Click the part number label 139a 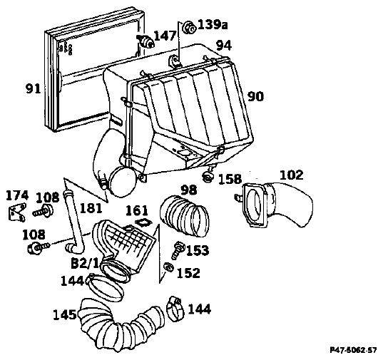(x=213, y=24)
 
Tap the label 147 (x=165, y=36)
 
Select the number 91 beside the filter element (x=34, y=89)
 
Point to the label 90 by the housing (x=256, y=96)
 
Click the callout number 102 (x=291, y=175)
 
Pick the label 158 (x=230, y=180)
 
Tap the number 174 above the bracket (x=17, y=195)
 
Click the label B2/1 (x=84, y=264)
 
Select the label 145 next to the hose (x=65, y=315)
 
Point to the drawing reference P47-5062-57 (x=353, y=350)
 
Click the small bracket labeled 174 (x=17, y=213)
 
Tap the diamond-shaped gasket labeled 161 (x=143, y=223)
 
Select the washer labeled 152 (x=168, y=267)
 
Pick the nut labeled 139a (x=190, y=28)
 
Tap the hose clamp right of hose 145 (x=174, y=309)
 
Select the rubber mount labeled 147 (x=145, y=41)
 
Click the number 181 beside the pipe (x=91, y=209)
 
